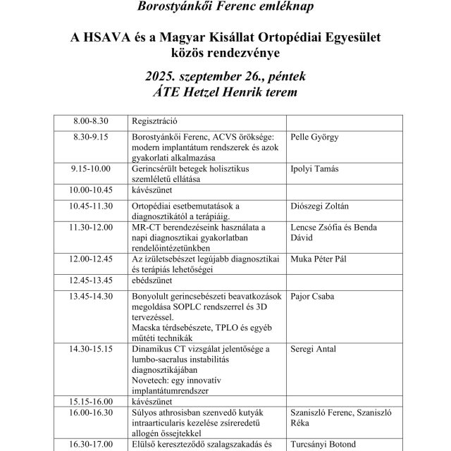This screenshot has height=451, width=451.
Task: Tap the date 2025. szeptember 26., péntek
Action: (x=225, y=75)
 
